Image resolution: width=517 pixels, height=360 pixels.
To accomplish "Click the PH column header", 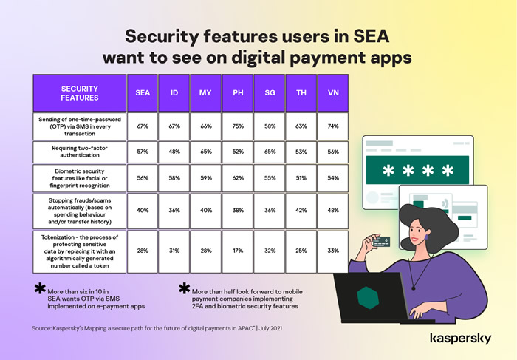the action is pyautogui.click(x=238, y=92).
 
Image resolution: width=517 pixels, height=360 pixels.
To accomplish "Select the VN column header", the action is pyautogui.click(x=332, y=92).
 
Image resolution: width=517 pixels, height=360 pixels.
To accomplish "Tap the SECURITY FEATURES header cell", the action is pyautogui.click(x=80, y=92).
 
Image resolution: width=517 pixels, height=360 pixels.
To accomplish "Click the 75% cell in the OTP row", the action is pyautogui.click(x=238, y=126).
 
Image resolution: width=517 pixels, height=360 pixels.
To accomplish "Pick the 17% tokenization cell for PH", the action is pyautogui.click(x=238, y=251).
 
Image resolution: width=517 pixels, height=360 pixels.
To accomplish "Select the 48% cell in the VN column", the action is pyautogui.click(x=332, y=211).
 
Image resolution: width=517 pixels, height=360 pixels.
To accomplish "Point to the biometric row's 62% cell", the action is pyautogui.click(x=238, y=178).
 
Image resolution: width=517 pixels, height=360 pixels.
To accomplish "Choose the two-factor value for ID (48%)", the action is pyautogui.click(x=174, y=152).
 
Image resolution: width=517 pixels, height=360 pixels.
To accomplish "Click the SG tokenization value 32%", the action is pyautogui.click(x=270, y=251).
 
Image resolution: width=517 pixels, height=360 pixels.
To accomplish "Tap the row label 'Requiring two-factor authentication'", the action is pyautogui.click(x=80, y=152).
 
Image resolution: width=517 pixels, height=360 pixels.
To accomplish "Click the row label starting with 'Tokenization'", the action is pyautogui.click(x=80, y=251).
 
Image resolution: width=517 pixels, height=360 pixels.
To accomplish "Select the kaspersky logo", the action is pyautogui.click(x=461, y=339).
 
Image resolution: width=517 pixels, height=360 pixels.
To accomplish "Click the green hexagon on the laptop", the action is pyautogui.click(x=368, y=298).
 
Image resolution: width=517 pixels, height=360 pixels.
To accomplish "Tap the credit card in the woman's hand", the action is pyautogui.click(x=381, y=242).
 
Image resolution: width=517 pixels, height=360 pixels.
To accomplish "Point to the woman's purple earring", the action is pyautogui.click(x=426, y=237).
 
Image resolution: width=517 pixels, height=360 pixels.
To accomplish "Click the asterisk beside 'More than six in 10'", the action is pyautogui.click(x=40, y=288).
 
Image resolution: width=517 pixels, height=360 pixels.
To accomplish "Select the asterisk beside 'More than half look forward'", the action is pyautogui.click(x=185, y=288).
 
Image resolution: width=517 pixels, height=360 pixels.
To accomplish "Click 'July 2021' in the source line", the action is pyautogui.click(x=270, y=328).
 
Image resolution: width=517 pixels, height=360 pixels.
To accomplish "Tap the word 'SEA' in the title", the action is pyautogui.click(x=372, y=36).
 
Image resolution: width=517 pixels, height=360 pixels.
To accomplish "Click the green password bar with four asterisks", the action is pyautogui.click(x=417, y=170).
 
